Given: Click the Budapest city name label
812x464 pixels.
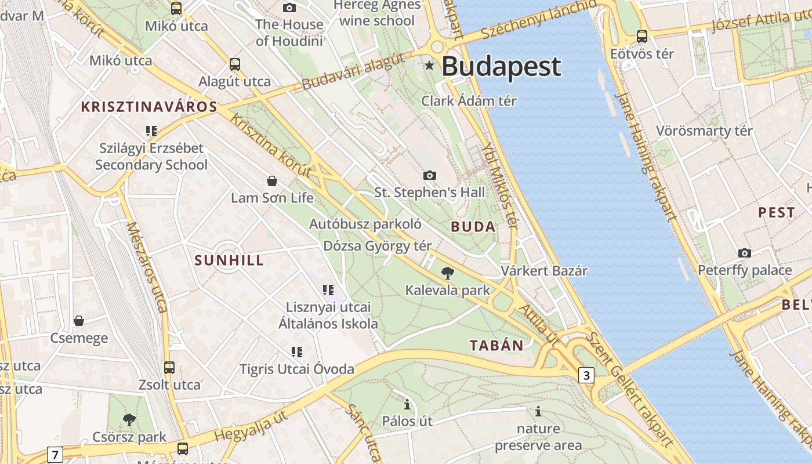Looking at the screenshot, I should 501,67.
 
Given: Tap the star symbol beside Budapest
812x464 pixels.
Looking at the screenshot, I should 429,66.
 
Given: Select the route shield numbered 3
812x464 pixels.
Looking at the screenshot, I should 586,375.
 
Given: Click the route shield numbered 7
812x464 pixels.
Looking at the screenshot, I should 55,455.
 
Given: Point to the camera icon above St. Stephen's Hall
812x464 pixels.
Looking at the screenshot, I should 430,175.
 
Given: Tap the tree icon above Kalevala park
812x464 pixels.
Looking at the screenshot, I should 447,273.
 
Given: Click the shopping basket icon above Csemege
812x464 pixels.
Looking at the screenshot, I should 79,321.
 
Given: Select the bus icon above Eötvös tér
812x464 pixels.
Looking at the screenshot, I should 642,37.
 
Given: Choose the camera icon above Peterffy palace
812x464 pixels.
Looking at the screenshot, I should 745,253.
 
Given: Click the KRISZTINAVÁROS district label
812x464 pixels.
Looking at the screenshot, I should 149,107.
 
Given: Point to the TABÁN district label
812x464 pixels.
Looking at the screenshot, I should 496,346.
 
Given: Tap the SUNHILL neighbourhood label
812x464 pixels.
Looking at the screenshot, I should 230,260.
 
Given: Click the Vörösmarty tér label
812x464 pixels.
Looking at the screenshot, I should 704,130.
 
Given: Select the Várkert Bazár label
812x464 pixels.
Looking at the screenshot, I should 544,271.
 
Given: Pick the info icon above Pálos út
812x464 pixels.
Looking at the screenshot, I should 407,404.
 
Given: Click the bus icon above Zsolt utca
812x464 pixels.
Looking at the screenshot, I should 169,367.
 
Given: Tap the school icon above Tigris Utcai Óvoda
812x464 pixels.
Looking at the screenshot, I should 297,351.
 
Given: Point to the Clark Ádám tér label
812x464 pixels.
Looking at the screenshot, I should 469,101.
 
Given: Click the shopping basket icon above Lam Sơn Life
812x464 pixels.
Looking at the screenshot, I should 272,181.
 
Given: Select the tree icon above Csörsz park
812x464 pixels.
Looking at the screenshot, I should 129,419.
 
